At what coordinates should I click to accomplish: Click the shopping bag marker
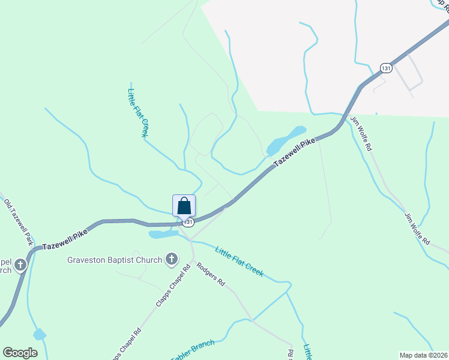[184, 206]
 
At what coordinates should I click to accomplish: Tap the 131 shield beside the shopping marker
[188, 222]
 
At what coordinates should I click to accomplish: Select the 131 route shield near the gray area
[385, 68]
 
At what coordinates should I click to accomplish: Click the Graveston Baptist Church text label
[115, 260]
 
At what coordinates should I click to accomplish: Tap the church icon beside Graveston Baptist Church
[171, 260]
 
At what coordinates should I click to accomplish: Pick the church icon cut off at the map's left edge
[20, 265]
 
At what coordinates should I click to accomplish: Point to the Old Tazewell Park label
[18, 222]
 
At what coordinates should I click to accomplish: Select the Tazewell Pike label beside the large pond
[295, 153]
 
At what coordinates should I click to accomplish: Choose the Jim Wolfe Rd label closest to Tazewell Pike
[361, 133]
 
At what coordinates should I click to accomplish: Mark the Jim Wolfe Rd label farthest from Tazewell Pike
[417, 229]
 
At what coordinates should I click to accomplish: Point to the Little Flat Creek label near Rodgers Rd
[239, 262]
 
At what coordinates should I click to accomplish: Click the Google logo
[20, 353]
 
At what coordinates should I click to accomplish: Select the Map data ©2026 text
[423, 355]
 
